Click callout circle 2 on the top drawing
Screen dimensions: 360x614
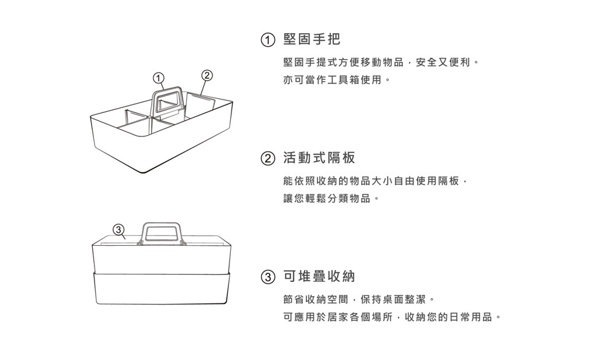coord(207,75)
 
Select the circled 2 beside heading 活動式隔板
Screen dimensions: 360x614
coord(266,159)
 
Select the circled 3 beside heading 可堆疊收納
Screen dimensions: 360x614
coord(266,278)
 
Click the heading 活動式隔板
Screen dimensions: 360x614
coord(319,158)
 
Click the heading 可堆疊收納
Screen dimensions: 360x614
coord(319,277)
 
